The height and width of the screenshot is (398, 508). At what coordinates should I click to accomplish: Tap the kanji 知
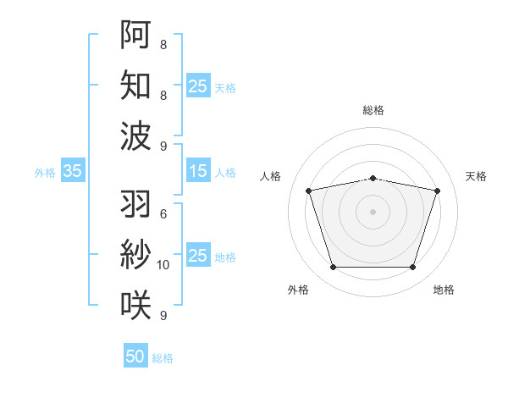[135, 85]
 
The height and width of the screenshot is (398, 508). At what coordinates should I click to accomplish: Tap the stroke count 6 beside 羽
[163, 213]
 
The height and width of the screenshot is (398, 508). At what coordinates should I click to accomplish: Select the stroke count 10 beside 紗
[163, 265]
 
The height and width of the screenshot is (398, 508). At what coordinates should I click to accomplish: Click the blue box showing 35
[72, 172]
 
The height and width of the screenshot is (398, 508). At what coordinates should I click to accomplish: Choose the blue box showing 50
[135, 357]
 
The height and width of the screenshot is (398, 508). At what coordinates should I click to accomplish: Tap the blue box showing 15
[198, 172]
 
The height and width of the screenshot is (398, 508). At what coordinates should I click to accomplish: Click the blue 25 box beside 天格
[198, 86]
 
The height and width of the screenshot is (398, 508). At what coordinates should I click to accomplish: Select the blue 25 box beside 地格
[198, 257]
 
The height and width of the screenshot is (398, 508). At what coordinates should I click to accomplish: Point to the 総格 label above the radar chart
[373, 110]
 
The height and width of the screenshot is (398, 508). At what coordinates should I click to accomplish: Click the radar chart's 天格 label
[477, 176]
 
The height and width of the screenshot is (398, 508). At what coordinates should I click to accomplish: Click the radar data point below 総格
[373, 178]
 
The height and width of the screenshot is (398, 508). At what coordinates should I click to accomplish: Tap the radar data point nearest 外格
[333, 268]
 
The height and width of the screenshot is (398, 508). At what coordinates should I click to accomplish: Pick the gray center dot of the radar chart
[373, 212]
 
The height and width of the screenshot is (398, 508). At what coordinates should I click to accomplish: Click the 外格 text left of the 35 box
[45, 173]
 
